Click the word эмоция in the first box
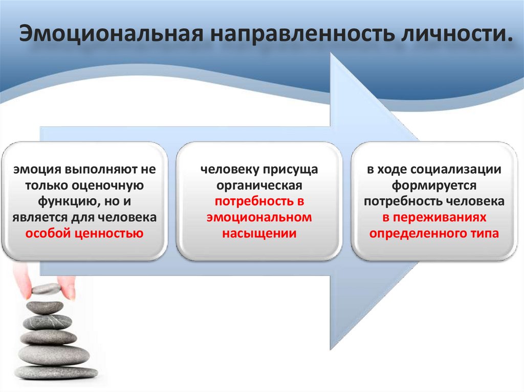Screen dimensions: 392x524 point(34,169)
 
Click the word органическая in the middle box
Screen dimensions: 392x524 point(259,185)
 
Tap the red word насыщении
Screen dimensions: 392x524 point(259,234)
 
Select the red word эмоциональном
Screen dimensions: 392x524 point(259,217)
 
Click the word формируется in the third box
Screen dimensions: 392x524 point(434,185)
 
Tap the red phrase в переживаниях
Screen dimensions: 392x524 point(434,217)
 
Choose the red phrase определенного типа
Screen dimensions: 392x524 point(434,234)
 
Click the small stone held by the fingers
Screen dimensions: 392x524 point(46,289)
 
